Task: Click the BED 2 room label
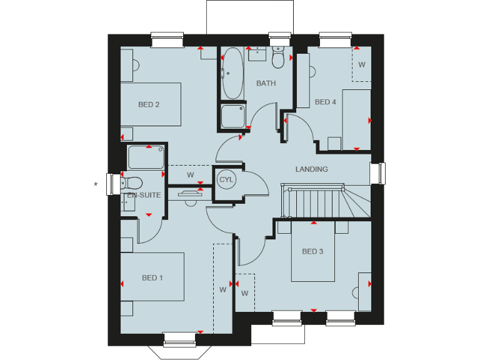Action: [x=149, y=104]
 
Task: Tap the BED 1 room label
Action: [x=152, y=277]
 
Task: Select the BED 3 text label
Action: [x=312, y=252]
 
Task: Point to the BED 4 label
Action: [x=326, y=102]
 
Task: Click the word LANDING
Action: [x=311, y=169]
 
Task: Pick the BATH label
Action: [x=266, y=83]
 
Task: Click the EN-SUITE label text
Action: [x=144, y=195]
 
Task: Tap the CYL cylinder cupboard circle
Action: [x=226, y=179]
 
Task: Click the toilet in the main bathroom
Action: [x=279, y=57]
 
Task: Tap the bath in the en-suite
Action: [x=146, y=156]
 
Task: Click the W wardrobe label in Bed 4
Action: [x=361, y=64]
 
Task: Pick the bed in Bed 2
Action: [x=151, y=105]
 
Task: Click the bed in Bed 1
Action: [x=152, y=277]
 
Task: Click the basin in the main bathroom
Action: [x=257, y=54]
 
